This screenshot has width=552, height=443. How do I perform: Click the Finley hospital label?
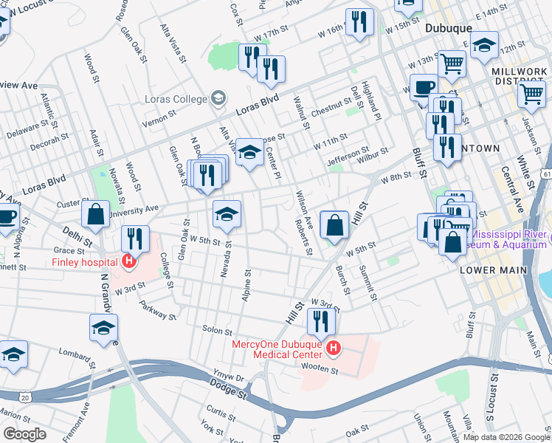coord(83,262)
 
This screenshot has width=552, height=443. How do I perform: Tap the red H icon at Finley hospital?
coord(129,261)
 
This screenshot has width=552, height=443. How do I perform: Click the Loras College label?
coord(182,98)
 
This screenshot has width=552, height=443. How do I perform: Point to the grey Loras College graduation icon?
coord(218,97)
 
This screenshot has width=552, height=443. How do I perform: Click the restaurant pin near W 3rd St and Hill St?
coord(321,320)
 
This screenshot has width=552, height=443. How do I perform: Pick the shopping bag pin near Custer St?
coord(95,215)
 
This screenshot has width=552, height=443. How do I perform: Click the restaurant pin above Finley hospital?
coord(135,238)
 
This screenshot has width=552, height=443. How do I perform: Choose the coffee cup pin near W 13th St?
coord(423,87)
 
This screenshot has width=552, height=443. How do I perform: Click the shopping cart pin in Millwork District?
coord(531,94)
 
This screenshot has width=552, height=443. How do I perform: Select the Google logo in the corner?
coord(24,433)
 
